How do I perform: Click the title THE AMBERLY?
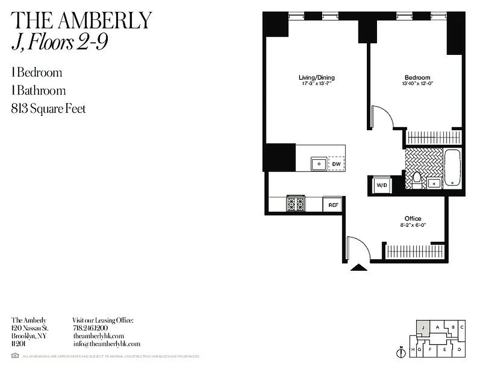[x=81, y=20]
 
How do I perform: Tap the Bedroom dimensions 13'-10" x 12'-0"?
[x=417, y=83]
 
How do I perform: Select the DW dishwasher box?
[x=336, y=164]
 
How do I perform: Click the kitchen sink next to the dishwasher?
[x=318, y=164]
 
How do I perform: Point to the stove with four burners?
[x=296, y=203]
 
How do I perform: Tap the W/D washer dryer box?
[x=382, y=185]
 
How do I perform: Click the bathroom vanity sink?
[x=434, y=184]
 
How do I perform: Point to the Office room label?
[x=413, y=218]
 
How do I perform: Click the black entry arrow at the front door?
[x=359, y=267]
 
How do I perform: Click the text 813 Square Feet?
[x=48, y=109]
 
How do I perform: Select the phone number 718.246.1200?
[x=90, y=328]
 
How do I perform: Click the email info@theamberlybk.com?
[x=106, y=344]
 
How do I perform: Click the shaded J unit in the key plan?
[x=422, y=328]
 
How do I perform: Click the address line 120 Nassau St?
[x=29, y=328]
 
